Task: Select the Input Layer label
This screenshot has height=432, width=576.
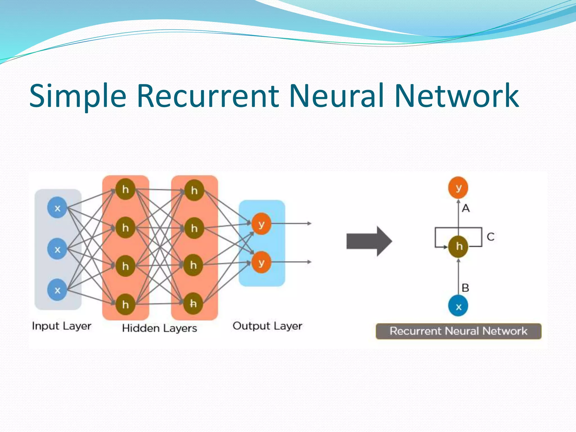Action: pyautogui.click(x=62, y=326)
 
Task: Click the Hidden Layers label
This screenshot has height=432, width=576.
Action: pyautogui.click(x=159, y=328)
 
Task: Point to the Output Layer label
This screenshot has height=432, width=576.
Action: pyautogui.click(x=267, y=326)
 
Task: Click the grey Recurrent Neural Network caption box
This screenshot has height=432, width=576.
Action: pyautogui.click(x=458, y=331)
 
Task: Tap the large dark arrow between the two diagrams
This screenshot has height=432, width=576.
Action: pyautogui.click(x=369, y=241)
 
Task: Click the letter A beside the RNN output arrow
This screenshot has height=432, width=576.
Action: pyautogui.click(x=466, y=208)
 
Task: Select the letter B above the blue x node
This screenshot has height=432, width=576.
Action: pyautogui.click(x=465, y=288)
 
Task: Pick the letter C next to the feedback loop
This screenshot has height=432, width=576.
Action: pyautogui.click(x=490, y=237)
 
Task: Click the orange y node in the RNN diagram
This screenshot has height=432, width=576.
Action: pyautogui.click(x=458, y=187)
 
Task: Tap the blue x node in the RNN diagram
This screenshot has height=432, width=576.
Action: pyautogui.click(x=458, y=306)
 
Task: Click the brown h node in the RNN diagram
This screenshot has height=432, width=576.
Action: pyautogui.click(x=458, y=247)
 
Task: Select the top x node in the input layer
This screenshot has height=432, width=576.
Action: pyautogui.click(x=57, y=208)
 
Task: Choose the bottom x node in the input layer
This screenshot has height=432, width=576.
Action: pyautogui.click(x=57, y=290)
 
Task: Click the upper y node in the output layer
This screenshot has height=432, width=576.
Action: pyautogui.click(x=261, y=224)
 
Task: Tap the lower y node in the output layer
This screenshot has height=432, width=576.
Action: pyautogui.click(x=261, y=263)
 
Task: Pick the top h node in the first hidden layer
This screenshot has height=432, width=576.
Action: pyautogui.click(x=125, y=189)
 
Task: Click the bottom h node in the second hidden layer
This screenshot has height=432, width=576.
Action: pyautogui.click(x=193, y=303)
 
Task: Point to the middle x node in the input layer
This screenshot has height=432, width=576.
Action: pyautogui.click(x=57, y=249)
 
